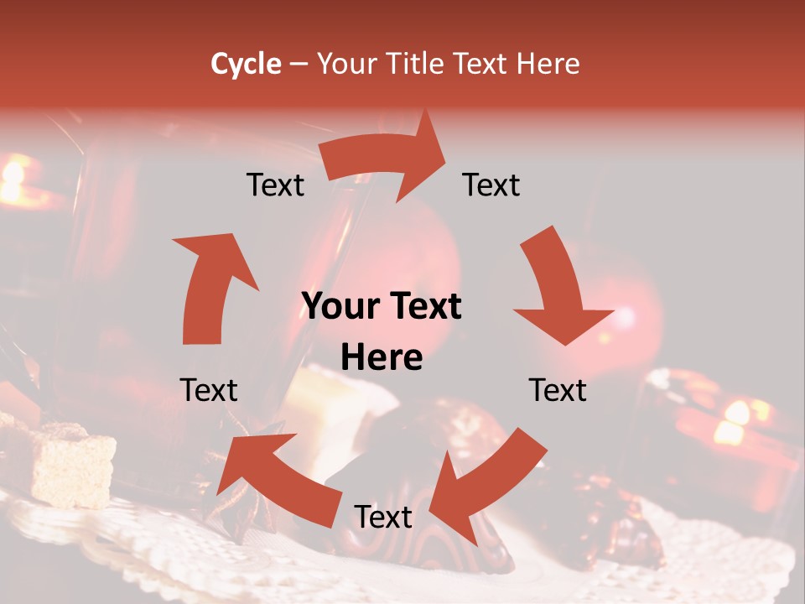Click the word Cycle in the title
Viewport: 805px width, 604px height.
tap(246, 64)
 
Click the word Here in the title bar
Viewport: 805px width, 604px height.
tap(548, 64)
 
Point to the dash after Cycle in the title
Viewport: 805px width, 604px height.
tap(299, 65)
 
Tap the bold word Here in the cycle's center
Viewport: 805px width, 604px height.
tap(382, 358)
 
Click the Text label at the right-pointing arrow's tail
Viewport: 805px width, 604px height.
tap(275, 185)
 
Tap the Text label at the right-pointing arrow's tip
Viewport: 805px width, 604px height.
tap(491, 185)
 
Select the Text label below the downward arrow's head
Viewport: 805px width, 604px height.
tap(558, 390)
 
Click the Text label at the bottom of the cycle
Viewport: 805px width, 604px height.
tap(383, 517)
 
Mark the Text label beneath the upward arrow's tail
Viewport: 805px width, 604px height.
tap(209, 390)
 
